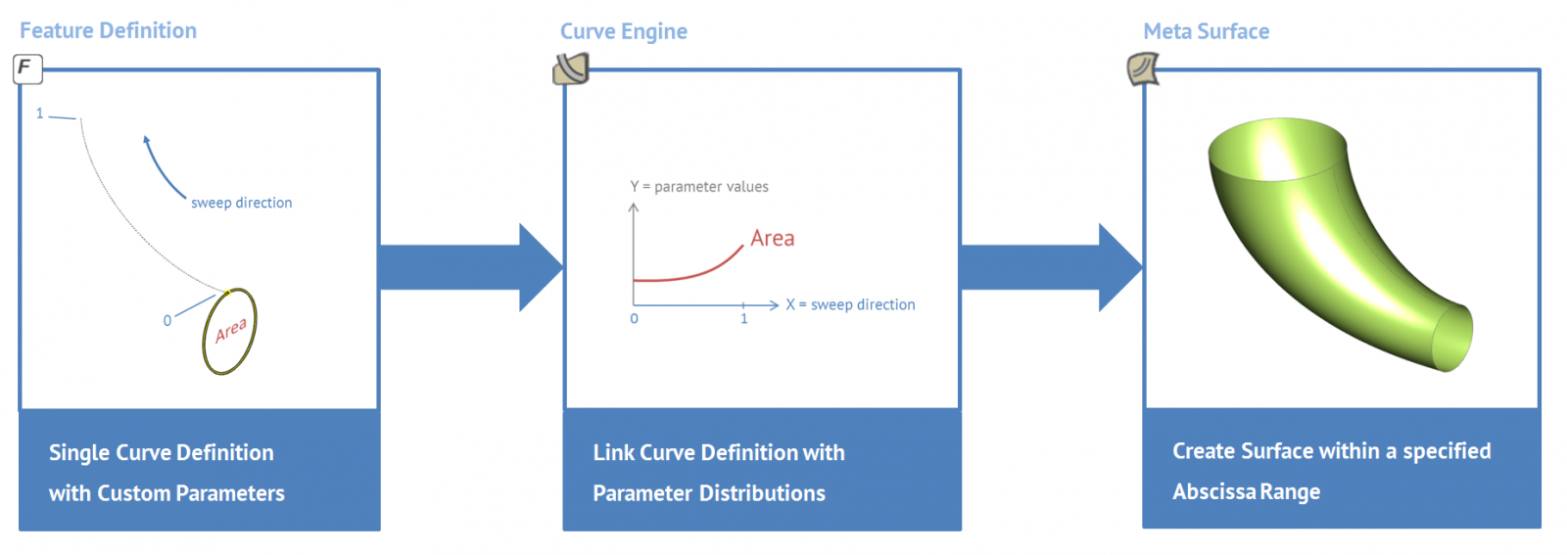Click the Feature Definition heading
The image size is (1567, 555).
coord(108,30)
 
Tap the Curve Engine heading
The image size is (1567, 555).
coord(623,31)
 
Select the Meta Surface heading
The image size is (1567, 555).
coord(1206,31)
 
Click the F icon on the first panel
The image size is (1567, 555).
coord(27,69)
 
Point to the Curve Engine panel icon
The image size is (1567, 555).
coord(571,69)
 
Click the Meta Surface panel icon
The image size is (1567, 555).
coord(1142,69)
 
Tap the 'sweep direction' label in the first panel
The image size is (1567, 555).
coord(241,203)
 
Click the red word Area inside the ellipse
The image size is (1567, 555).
coord(231,330)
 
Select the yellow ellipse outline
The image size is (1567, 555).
coord(205,336)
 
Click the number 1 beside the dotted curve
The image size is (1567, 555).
coord(40,114)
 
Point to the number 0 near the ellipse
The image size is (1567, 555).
coord(167,321)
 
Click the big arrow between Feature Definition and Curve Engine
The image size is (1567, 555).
coord(471,267)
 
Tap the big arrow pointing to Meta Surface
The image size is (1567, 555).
coord(1052,267)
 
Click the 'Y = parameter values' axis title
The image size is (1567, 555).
coord(699,187)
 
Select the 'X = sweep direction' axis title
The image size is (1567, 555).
coord(850,304)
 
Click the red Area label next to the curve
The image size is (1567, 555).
coord(773,239)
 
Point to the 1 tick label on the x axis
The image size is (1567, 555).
coord(743,319)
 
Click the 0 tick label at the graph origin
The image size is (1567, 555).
coord(634,319)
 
